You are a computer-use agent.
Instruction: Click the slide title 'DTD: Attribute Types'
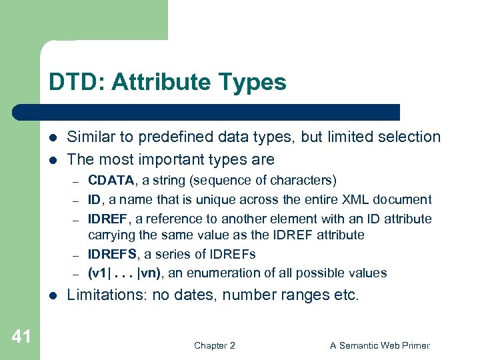tap(167, 83)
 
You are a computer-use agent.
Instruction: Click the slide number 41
tap(21, 337)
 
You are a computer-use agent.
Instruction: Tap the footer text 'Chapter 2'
tap(214, 345)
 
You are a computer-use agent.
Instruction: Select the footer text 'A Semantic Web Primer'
tap(380, 345)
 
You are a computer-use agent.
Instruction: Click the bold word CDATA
tap(111, 181)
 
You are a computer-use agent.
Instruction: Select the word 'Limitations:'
tap(107, 295)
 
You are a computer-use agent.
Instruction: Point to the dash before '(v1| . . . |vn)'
tap(76, 274)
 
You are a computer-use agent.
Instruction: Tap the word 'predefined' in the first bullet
tap(177, 137)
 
